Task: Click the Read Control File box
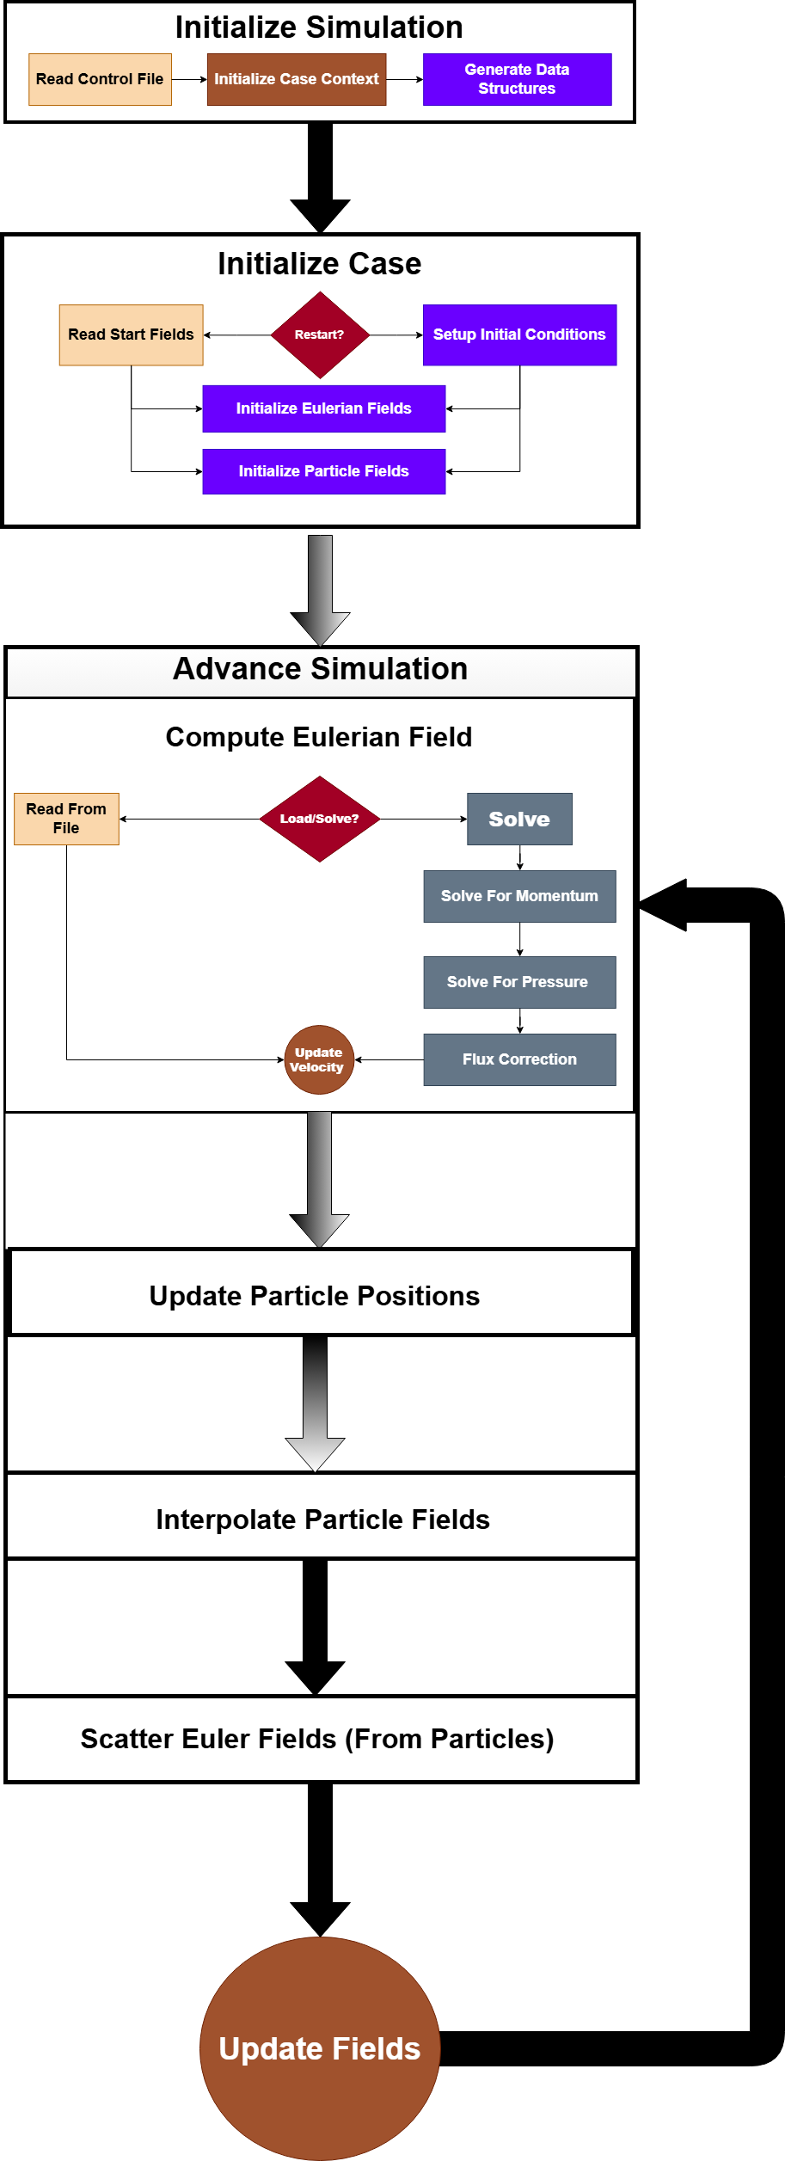(100, 80)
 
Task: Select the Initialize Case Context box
(297, 80)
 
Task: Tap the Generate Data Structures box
(517, 80)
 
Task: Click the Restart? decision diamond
(320, 335)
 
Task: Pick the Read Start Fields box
(131, 335)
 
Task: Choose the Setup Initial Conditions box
(519, 335)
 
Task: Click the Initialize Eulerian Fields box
(323, 408)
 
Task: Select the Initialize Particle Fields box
(323, 471)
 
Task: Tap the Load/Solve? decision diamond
(320, 819)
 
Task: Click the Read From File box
(66, 819)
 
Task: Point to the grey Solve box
(519, 819)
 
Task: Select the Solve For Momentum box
(519, 896)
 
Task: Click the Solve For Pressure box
(519, 982)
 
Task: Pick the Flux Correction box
(519, 1059)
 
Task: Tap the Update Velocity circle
(319, 1059)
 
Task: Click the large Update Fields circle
(320, 2048)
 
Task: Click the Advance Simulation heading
(320, 669)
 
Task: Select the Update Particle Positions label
(315, 1296)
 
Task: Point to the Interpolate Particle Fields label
(322, 1519)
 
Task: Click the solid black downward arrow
(315, 1625)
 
